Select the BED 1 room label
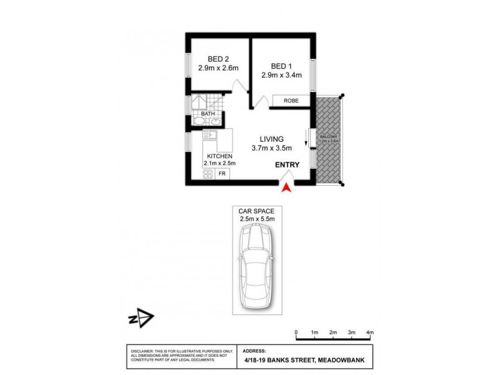click(282, 66)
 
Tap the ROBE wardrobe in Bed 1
click(291, 101)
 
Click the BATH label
click(199, 113)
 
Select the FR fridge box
click(221, 174)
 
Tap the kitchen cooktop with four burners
click(208, 174)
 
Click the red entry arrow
click(286, 187)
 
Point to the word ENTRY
click(287, 165)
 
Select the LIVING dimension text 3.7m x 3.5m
click(273, 148)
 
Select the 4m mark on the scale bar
click(370, 332)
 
